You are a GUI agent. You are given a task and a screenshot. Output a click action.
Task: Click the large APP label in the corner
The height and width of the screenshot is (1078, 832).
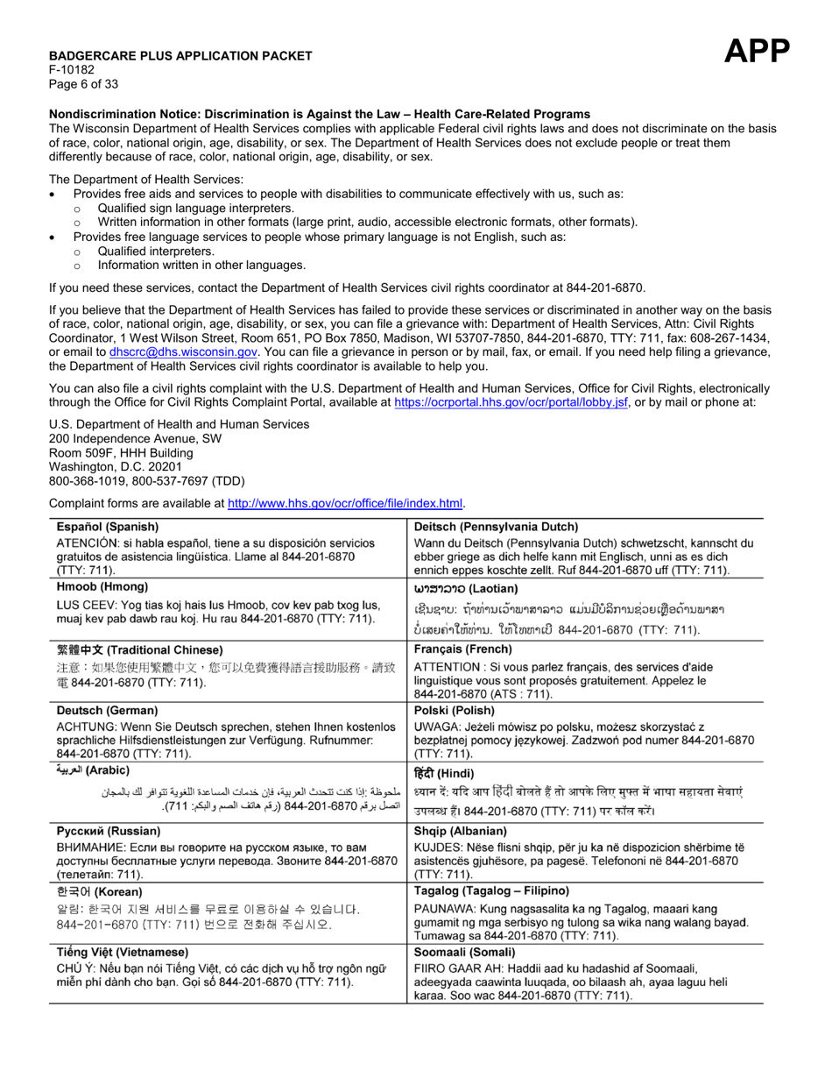point(757,52)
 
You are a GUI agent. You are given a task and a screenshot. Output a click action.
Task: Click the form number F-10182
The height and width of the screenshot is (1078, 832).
point(72,70)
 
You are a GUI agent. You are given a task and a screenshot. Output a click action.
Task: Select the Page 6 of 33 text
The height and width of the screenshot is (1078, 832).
point(83,84)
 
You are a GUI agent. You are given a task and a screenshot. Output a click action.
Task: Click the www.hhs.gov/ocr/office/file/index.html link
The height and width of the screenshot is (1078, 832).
point(345,503)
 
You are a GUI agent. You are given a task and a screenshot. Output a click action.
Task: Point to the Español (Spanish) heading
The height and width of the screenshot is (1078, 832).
point(108,527)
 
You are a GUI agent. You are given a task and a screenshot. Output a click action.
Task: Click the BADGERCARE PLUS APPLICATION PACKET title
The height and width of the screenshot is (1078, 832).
point(180,56)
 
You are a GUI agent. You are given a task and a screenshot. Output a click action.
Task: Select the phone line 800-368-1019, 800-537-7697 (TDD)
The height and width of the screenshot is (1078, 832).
point(147,481)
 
